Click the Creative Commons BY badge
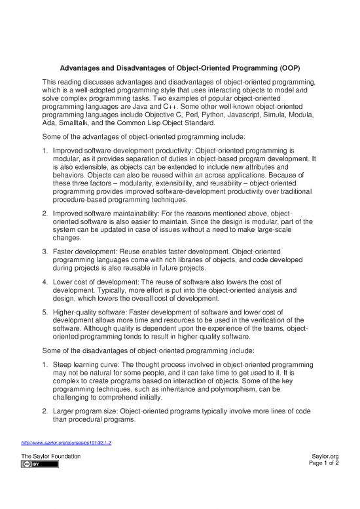tap(40, 464)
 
